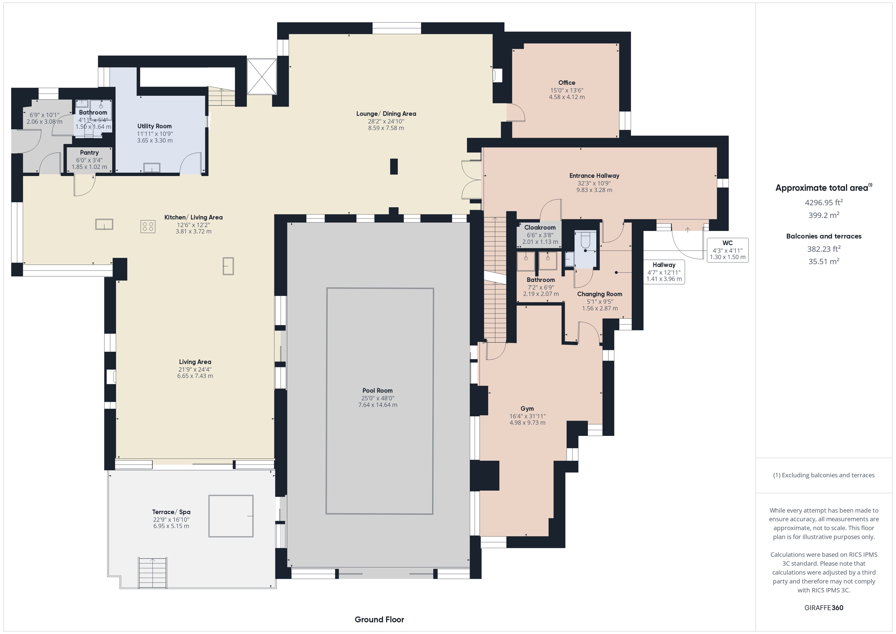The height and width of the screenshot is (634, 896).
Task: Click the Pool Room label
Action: pyautogui.click(x=377, y=390)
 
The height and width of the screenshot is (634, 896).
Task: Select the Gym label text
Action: pyautogui.click(x=527, y=409)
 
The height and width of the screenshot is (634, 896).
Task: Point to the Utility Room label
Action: pyautogui.click(x=154, y=126)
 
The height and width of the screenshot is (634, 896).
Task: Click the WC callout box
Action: pyautogui.click(x=727, y=250)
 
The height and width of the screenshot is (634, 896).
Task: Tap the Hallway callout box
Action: pyautogui.click(x=664, y=272)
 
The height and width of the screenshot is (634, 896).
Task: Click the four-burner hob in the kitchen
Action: pyautogui.click(x=148, y=226)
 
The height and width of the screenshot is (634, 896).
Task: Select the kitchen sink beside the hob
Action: pyautogui.click(x=104, y=224)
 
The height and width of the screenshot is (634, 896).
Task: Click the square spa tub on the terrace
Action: pyautogui.click(x=231, y=516)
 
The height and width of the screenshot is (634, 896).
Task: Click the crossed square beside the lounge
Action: pyautogui.click(x=262, y=76)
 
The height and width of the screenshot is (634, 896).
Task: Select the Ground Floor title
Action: pyautogui.click(x=379, y=619)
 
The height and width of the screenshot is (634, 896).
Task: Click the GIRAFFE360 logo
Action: pyautogui.click(x=824, y=607)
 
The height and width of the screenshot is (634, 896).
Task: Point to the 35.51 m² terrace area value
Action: pyautogui.click(x=824, y=261)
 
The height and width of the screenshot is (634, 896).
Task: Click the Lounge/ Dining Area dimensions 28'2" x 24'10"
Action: pyautogui.click(x=386, y=121)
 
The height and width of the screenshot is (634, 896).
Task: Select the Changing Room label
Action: pyautogui.click(x=599, y=294)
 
